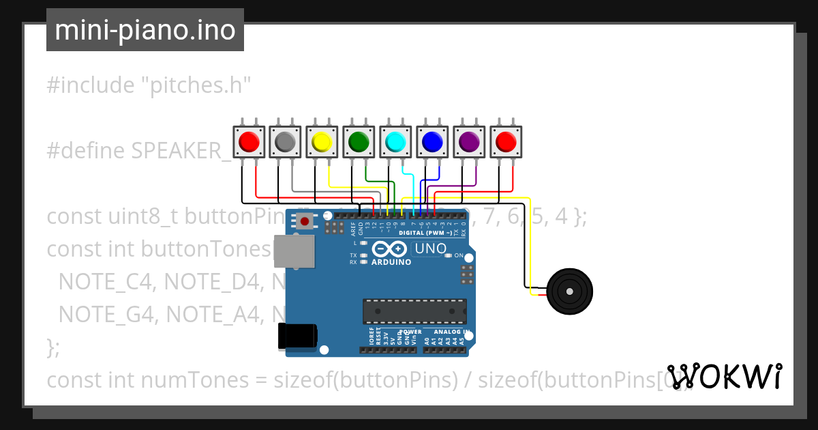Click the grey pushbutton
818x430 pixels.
click(285, 142)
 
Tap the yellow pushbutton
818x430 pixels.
click(322, 142)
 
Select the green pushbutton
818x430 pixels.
click(359, 142)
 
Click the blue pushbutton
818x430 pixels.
click(432, 142)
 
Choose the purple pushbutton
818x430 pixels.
click(469, 142)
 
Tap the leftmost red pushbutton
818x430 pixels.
click(248, 142)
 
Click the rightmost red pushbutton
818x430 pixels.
click(506, 142)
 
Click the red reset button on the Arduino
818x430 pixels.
click(305, 221)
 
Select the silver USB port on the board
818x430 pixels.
click(294, 253)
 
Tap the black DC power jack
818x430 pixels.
click(297, 336)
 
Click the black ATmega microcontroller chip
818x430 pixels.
click(414, 311)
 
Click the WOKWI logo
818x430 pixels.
click(725, 376)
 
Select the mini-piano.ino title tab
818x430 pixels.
click(145, 30)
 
